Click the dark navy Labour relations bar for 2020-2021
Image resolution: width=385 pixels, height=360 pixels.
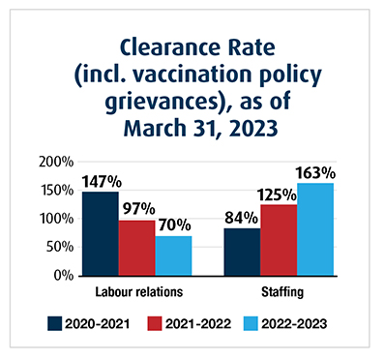click(100, 233)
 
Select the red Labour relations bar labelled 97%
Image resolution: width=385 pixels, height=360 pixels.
click(136, 248)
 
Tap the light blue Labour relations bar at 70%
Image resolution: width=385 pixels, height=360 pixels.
click(173, 255)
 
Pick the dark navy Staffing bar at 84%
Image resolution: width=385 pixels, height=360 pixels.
click(242, 252)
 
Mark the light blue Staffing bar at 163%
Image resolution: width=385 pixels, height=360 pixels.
click(315, 229)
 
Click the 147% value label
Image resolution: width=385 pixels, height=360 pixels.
click(100, 180)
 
